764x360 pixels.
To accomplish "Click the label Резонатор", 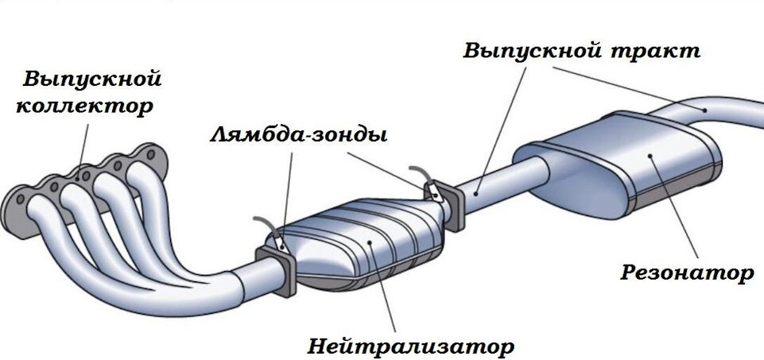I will click(686, 274).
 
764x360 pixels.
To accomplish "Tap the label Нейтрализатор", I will click(410, 346).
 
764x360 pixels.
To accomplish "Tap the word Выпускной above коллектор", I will click(93, 79).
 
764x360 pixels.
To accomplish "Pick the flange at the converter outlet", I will click(450, 208).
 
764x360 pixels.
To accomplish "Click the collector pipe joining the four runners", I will click(231, 290).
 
